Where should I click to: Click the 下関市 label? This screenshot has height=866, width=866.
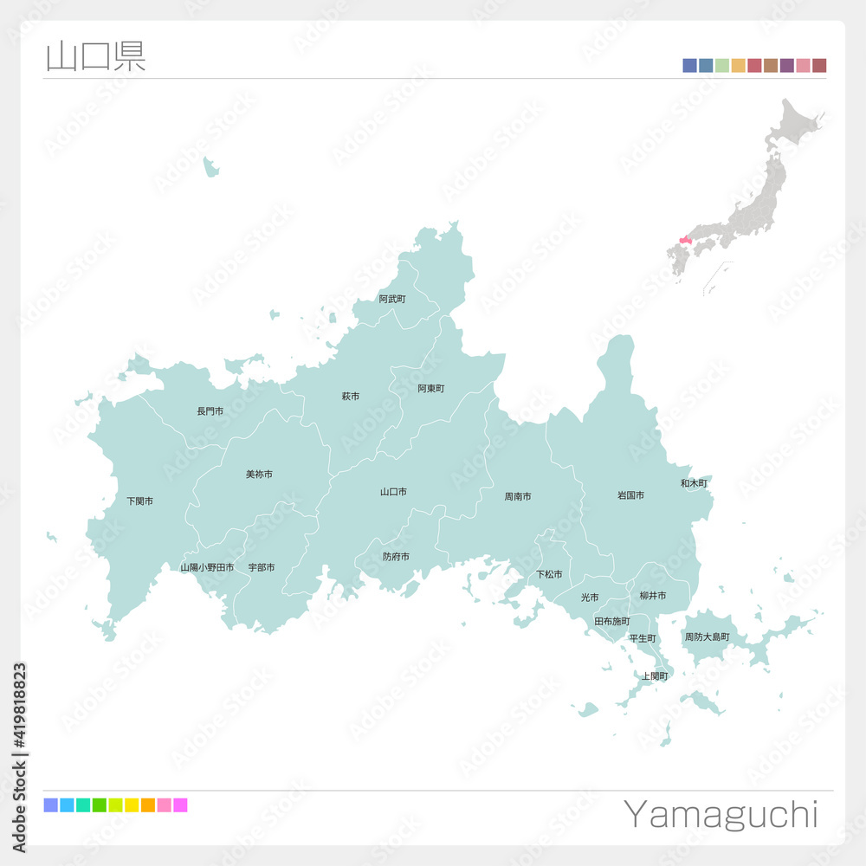pyautogui.click(x=139, y=501)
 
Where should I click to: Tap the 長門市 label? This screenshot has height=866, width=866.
pyautogui.click(x=210, y=411)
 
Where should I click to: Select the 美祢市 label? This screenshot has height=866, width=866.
pyautogui.click(x=259, y=475)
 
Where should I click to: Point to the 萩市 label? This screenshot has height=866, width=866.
pyautogui.click(x=350, y=397)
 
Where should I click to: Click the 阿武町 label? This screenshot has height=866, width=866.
pyautogui.click(x=392, y=299)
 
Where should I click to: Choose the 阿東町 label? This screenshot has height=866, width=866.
pyautogui.click(x=430, y=389)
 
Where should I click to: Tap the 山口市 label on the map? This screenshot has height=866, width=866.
pyautogui.click(x=393, y=492)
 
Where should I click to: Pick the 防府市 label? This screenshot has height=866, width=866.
pyautogui.click(x=396, y=557)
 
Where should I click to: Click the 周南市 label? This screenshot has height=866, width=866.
pyautogui.click(x=518, y=497)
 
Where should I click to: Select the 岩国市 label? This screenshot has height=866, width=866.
pyautogui.click(x=630, y=495)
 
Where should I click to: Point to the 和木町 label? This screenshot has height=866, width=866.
pyautogui.click(x=694, y=483)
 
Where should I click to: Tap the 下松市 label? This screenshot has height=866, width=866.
pyautogui.click(x=549, y=574)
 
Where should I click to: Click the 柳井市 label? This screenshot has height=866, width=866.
pyautogui.click(x=652, y=596)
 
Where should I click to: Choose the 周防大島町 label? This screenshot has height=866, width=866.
pyautogui.click(x=707, y=637)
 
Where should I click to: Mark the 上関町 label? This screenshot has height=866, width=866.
pyautogui.click(x=655, y=675)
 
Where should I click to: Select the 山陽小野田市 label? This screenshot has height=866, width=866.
pyautogui.click(x=207, y=567)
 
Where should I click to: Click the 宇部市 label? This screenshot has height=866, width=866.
pyautogui.click(x=262, y=567)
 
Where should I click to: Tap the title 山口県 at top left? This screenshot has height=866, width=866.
pyautogui.click(x=95, y=55)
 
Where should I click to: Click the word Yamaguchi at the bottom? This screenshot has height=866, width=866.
pyautogui.click(x=720, y=815)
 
